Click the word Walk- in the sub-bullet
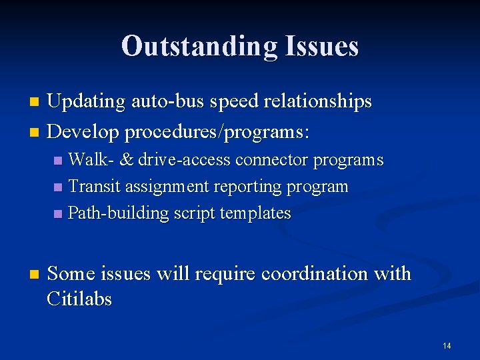(x=91, y=160)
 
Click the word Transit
(x=91, y=187)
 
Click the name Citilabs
(x=79, y=299)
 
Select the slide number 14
(x=446, y=346)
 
